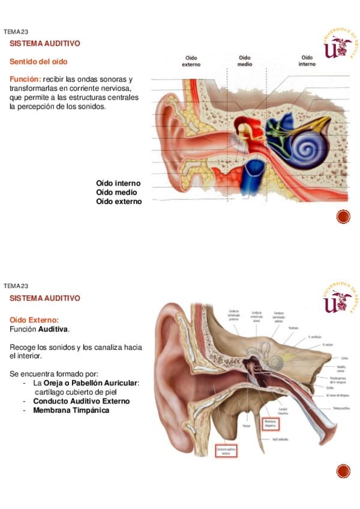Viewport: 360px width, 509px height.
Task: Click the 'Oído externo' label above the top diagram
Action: point(192,61)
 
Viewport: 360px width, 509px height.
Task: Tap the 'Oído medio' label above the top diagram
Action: point(245,61)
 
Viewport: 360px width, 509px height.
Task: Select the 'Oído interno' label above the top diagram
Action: point(307,61)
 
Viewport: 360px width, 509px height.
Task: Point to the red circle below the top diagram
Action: point(343,216)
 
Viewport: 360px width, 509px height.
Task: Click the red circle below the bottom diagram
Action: point(343,471)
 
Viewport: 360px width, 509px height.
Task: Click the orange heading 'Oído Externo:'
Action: point(34,321)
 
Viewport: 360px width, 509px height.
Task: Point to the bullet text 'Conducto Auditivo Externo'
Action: point(80,402)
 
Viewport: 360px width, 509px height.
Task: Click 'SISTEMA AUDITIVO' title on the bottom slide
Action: point(44,298)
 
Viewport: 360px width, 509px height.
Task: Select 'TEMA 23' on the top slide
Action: point(16,32)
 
